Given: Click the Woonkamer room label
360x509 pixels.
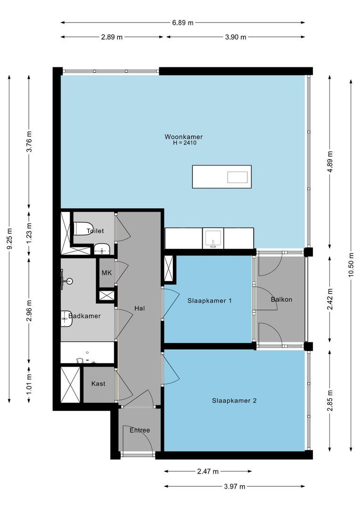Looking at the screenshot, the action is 183,137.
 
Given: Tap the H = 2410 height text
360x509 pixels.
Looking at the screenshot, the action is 185,142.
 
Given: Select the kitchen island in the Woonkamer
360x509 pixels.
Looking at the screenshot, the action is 222,177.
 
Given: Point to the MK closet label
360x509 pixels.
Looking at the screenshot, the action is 106,273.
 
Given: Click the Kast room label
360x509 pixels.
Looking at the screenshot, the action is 98,384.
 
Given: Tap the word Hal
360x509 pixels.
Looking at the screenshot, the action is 139,308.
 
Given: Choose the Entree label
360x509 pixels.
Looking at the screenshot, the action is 139,430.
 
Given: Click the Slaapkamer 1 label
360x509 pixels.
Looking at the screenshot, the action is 210,301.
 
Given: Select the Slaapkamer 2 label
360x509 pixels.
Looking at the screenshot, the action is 234,401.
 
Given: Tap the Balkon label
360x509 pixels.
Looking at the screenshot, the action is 281,299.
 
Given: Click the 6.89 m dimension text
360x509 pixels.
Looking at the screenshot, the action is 183,23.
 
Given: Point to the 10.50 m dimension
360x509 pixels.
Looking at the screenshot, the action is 351,264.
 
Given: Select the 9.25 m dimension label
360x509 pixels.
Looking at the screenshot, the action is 9,238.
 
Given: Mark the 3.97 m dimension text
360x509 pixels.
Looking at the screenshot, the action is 235,486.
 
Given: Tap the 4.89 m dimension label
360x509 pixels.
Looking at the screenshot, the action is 330,162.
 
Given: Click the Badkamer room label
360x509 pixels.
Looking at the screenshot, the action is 84,316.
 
